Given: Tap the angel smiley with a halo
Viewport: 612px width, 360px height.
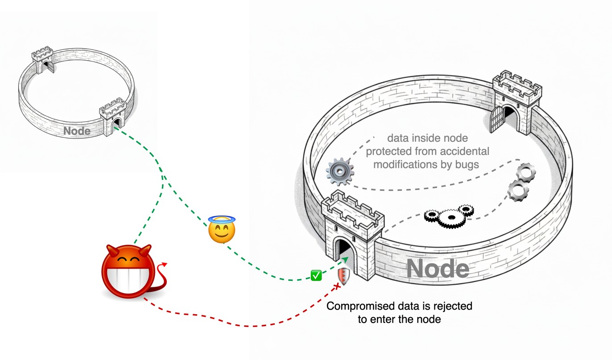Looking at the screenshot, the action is pos(222,230).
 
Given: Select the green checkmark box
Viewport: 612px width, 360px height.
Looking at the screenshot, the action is pos(316,276).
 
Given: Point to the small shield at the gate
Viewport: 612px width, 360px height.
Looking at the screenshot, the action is pos(343,276).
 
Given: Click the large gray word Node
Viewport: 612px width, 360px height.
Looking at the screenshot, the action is pos(438,269).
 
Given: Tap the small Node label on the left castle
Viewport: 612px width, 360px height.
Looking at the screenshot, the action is pos(77,131).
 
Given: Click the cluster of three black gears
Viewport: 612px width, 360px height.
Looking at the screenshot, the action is pos(448,216).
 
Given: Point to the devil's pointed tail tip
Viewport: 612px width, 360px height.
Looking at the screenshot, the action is pos(165,264).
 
